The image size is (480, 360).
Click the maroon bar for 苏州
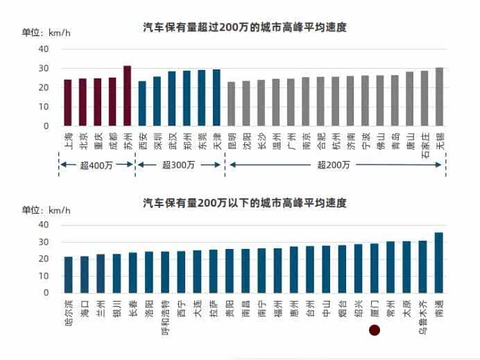click(127, 96)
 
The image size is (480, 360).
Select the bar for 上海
click(68, 103)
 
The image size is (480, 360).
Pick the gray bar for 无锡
click(439, 96)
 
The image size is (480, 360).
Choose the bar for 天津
click(216, 98)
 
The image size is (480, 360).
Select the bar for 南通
click(438, 262)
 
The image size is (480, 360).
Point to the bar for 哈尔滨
click(68, 275)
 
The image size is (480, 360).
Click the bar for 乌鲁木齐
click(422, 266)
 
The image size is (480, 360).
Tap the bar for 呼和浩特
click(165, 272)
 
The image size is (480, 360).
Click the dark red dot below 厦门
click(375, 331)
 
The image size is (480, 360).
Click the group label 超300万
click(178, 165)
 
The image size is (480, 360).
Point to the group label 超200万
click(334, 165)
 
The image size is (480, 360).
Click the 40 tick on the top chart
click(44, 49)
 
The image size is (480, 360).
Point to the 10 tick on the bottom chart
click(44, 276)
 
